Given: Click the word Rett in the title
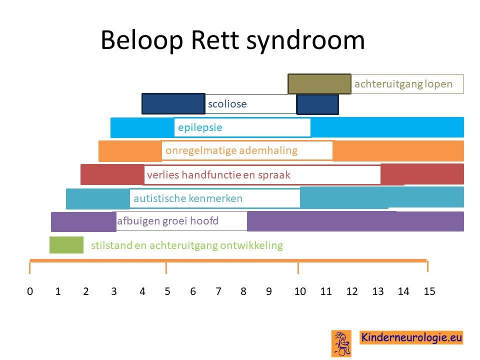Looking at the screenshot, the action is pos(214,40).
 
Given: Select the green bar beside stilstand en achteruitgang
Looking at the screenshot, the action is pos(66,245).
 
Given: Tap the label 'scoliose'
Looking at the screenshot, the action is pos(227,104).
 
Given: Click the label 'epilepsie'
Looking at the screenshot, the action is pos(200,127).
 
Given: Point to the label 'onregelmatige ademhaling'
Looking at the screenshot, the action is pos(231,150).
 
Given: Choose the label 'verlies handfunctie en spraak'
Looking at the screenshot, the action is pos(218,175).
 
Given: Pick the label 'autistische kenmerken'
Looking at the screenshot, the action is pos(188,198).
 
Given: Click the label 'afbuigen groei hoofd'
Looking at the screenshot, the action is pos(168,221).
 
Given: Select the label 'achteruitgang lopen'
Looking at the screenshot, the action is pos(403,84).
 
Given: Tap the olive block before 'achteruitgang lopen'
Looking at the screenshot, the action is pos(319,84).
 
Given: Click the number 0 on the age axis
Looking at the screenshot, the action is pos(30,291).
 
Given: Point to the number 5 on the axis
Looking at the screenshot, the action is pos(167,291).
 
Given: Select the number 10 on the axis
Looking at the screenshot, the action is pos(300,291).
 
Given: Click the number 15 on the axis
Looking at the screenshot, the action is pos(429,291).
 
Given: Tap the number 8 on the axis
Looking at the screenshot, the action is pos(243,291).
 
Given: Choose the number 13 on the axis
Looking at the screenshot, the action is pos(378,291).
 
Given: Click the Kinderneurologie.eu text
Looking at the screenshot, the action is pos(411,337).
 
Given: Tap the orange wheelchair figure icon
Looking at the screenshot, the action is pos(341,343).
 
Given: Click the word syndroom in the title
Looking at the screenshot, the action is pos(305,40).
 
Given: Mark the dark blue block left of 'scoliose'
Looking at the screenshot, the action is pos(173,104).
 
